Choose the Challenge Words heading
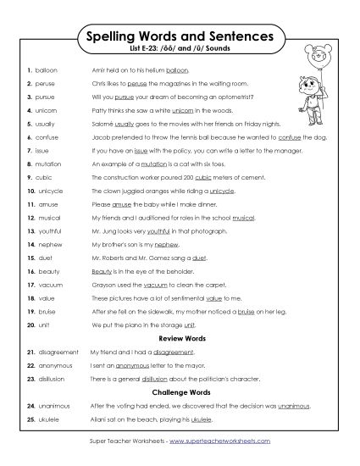[x=180, y=393]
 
